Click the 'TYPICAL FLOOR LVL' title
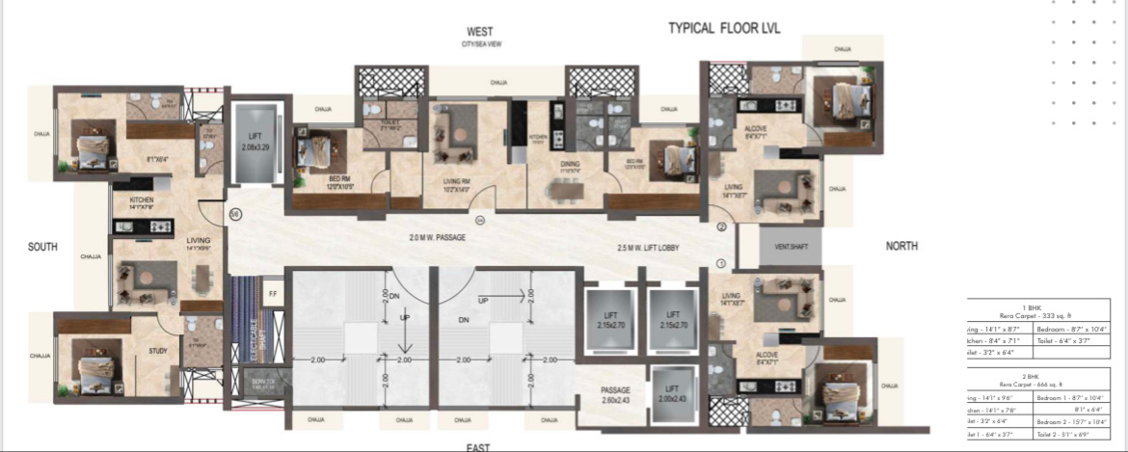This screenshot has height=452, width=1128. click(x=723, y=29)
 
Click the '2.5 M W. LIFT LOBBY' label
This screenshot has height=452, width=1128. click(x=648, y=248)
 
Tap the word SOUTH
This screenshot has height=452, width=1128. click(x=42, y=247)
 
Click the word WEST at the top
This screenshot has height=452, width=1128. click(x=480, y=31)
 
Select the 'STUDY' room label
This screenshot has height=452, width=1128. click(x=158, y=352)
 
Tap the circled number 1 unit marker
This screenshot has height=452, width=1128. click(x=720, y=264)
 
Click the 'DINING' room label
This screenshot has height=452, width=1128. click(x=570, y=165)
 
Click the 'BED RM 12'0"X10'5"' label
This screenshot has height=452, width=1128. click(x=316, y=183)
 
